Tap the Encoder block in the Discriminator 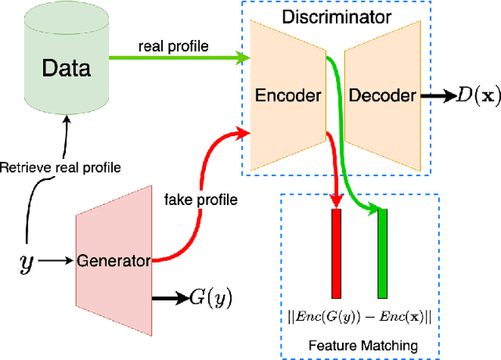tap(288, 95)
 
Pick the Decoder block tap(381, 95)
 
